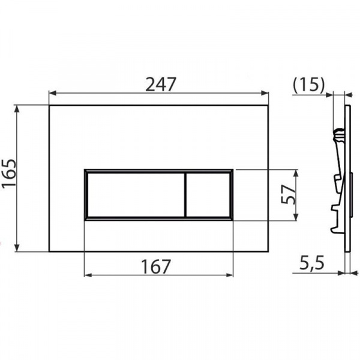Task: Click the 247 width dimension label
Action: (x=161, y=84)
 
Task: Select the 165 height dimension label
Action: (x=9, y=174)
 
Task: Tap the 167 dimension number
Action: (x=156, y=266)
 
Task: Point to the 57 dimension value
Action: (x=288, y=194)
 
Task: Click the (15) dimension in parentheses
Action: (x=309, y=84)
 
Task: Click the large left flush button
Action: (x=136, y=194)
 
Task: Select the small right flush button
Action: (x=208, y=194)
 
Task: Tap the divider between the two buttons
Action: (x=185, y=194)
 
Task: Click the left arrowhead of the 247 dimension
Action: (x=53, y=93)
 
